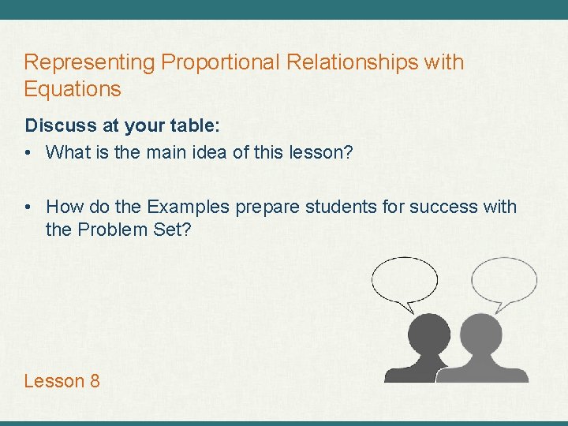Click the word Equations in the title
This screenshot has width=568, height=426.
(x=73, y=89)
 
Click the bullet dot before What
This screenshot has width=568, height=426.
(x=29, y=153)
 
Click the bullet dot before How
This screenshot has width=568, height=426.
(x=29, y=207)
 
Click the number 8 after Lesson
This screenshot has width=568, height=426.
(x=95, y=381)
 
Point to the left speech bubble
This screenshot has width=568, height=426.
(x=404, y=282)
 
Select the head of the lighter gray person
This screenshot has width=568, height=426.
(x=480, y=333)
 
